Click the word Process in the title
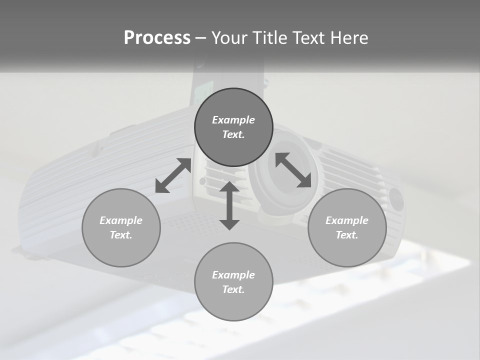157,38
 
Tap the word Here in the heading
349,38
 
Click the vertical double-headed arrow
229,205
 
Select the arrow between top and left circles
173,175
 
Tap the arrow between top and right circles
293,170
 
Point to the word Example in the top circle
233,120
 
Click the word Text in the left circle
121,235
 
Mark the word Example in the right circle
347,220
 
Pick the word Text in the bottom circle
233,289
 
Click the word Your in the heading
228,38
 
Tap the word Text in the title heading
308,38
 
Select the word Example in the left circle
121,220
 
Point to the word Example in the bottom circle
233,275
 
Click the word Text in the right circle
347,235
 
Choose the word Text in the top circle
233,134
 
